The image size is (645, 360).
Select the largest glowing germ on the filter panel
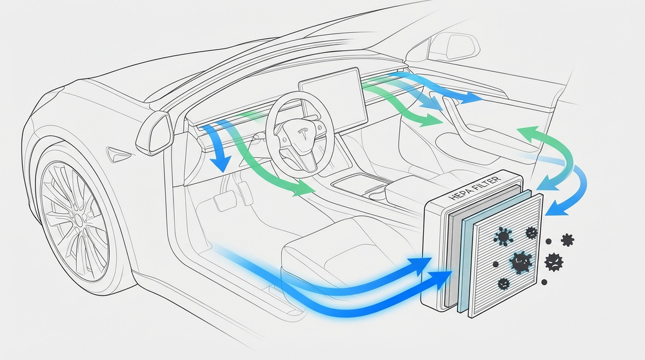[521, 262]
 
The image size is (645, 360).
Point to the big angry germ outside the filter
[553, 262]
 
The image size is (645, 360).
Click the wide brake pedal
[223, 201]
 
